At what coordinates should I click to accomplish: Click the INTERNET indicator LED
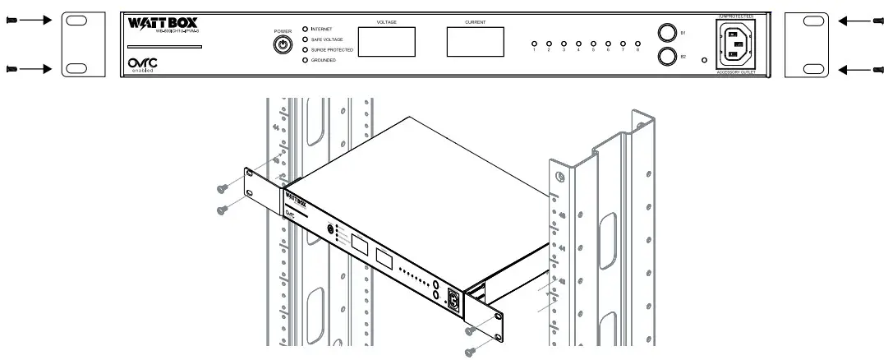306,28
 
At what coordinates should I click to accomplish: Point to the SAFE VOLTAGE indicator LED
306,39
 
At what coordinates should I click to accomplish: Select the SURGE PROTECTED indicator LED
306,49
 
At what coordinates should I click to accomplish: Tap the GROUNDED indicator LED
306,60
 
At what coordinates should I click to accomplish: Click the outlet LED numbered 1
533,43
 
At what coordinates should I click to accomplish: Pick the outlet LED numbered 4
578,43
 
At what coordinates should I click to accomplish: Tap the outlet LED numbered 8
637,43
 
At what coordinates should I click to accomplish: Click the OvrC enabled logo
142,64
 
